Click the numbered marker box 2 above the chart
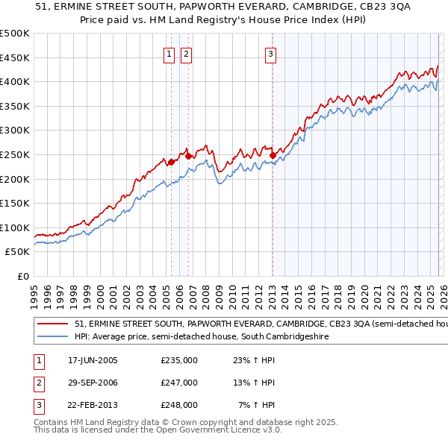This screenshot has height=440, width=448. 185,53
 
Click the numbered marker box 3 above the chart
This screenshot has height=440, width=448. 270,53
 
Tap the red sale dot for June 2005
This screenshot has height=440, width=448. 171,162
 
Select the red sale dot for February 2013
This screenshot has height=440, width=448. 273,156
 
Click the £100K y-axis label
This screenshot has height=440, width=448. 15,227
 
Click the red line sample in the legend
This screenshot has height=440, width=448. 52,324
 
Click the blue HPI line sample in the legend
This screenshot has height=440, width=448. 52,337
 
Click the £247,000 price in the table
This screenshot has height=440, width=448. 178,383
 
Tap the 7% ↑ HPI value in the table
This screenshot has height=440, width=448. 257,405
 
